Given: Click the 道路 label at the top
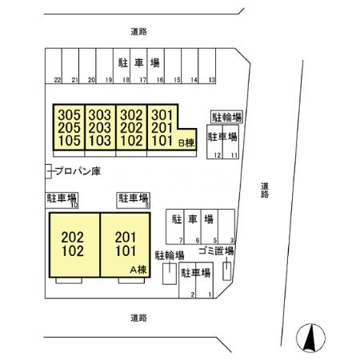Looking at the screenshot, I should [x=138, y=31].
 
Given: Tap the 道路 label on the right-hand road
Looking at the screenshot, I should [x=264, y=189].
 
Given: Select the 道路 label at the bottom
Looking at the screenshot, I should [x=138, y=318].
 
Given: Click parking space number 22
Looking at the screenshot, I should [x=58, y=80].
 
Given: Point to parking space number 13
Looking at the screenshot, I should [x=211, y=80].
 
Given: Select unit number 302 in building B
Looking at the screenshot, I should [x=130, y=115].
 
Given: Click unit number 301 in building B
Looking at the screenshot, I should [x=162, y=115].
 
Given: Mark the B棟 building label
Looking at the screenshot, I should [x=186, y=143].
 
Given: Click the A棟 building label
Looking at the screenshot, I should [x=140, y=270].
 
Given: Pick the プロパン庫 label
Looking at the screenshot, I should [x=77, y=170].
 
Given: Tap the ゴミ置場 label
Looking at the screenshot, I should [x=216, y=251].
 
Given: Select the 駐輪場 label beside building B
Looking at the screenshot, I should [x=226, y=117].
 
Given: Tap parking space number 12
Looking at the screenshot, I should [x=217, y=154].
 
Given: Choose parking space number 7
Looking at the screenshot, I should [x=182, y=240].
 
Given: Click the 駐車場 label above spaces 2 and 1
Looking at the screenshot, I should [x=195, y=273].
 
